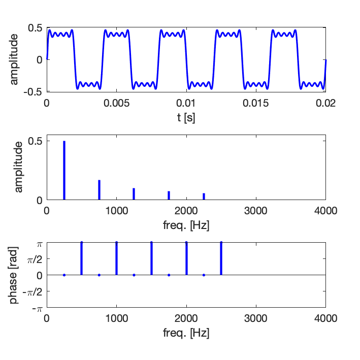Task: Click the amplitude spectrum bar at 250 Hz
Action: (x=64, y=171)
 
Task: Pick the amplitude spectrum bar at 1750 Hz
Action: (x=169, y=195)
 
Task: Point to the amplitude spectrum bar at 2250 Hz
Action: (x=204, y=197)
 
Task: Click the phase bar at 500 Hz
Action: (x=81, y=259)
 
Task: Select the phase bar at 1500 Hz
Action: (x=151, y=259)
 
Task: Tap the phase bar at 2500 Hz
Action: (x=221, y=259)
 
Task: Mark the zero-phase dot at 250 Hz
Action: (x=64, y=275)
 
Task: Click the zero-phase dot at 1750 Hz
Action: (x=169, y=275)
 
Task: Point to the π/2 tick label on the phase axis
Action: (x=35, y=259)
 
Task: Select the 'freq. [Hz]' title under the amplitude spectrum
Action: (x=186, y=224)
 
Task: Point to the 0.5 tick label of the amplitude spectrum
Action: (x=35, y=141)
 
